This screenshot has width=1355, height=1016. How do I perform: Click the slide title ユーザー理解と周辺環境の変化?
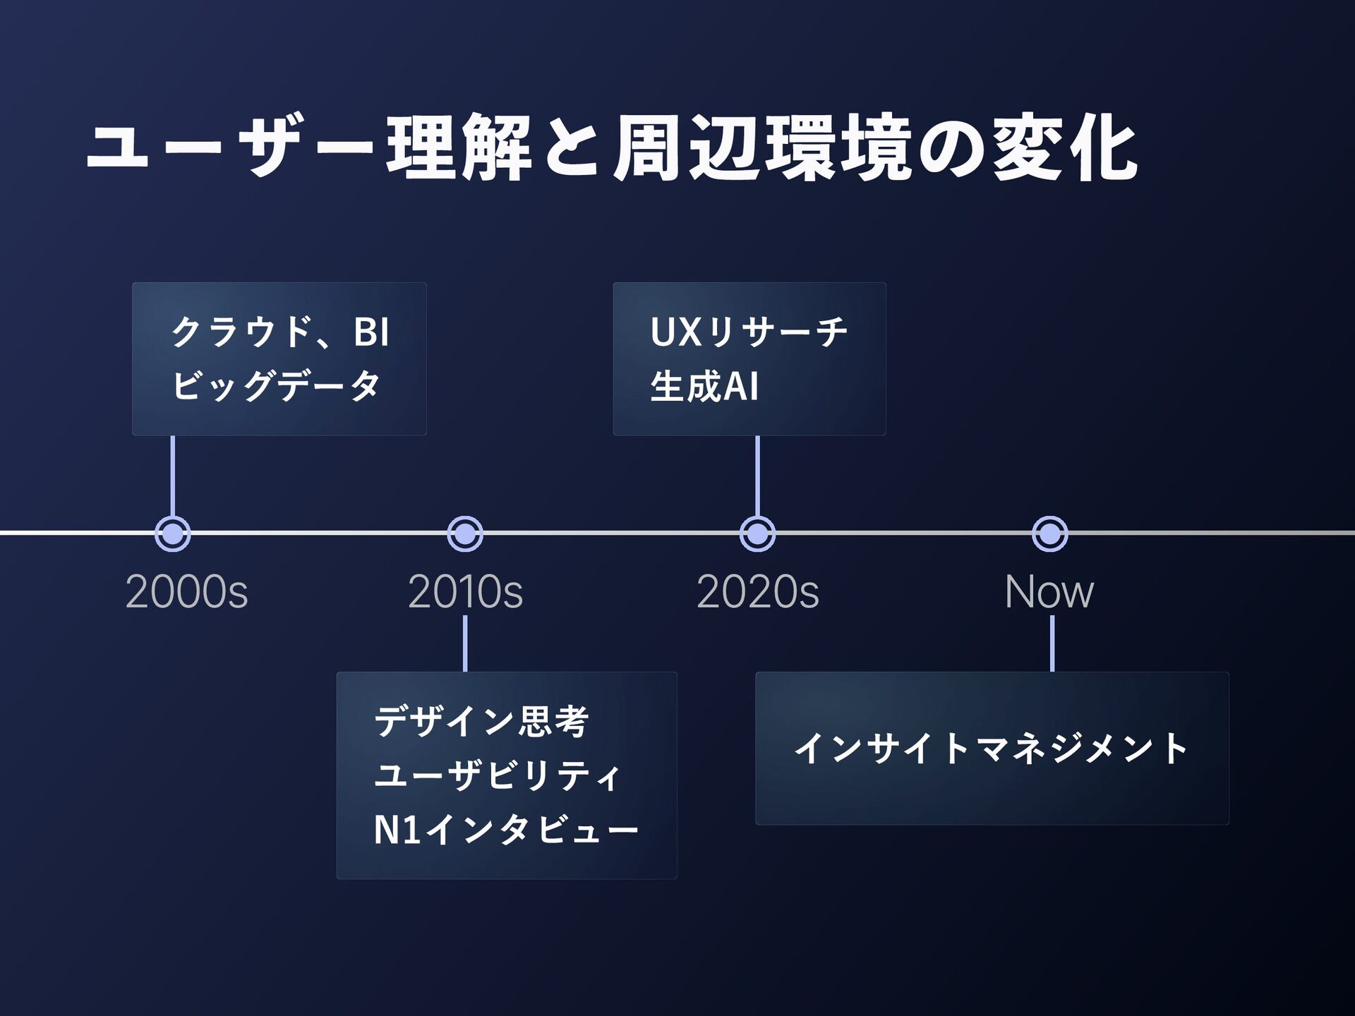(610, 148)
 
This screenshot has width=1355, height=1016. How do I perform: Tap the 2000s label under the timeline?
(186, 592)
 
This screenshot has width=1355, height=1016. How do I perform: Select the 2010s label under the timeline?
(465, 592)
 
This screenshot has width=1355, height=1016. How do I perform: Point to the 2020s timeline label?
(757, 592)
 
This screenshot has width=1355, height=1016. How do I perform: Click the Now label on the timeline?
(1049, 592)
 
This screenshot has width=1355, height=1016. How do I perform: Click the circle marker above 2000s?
(173, 534)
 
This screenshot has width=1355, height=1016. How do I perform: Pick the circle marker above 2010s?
(465, 534)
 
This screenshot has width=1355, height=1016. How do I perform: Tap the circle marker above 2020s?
(757, 534)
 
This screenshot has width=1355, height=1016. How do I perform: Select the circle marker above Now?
(1050, 534)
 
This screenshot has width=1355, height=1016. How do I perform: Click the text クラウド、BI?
(280, 332)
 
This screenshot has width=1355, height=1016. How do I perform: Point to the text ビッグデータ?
(276, 386)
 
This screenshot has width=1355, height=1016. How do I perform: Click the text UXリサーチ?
(748, 332)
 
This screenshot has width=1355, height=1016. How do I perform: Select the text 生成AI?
(704, 387)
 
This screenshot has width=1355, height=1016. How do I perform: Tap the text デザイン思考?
(481, 721)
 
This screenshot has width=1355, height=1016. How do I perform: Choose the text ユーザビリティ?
(498, 775)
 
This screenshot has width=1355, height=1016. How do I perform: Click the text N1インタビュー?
(506, 830)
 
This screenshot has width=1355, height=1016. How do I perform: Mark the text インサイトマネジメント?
(992, 749)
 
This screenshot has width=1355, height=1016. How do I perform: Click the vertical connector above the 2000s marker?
(173, 476)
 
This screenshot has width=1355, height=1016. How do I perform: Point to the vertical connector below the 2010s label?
(465, 643)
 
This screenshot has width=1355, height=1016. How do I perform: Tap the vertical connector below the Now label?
(1052, 643)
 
